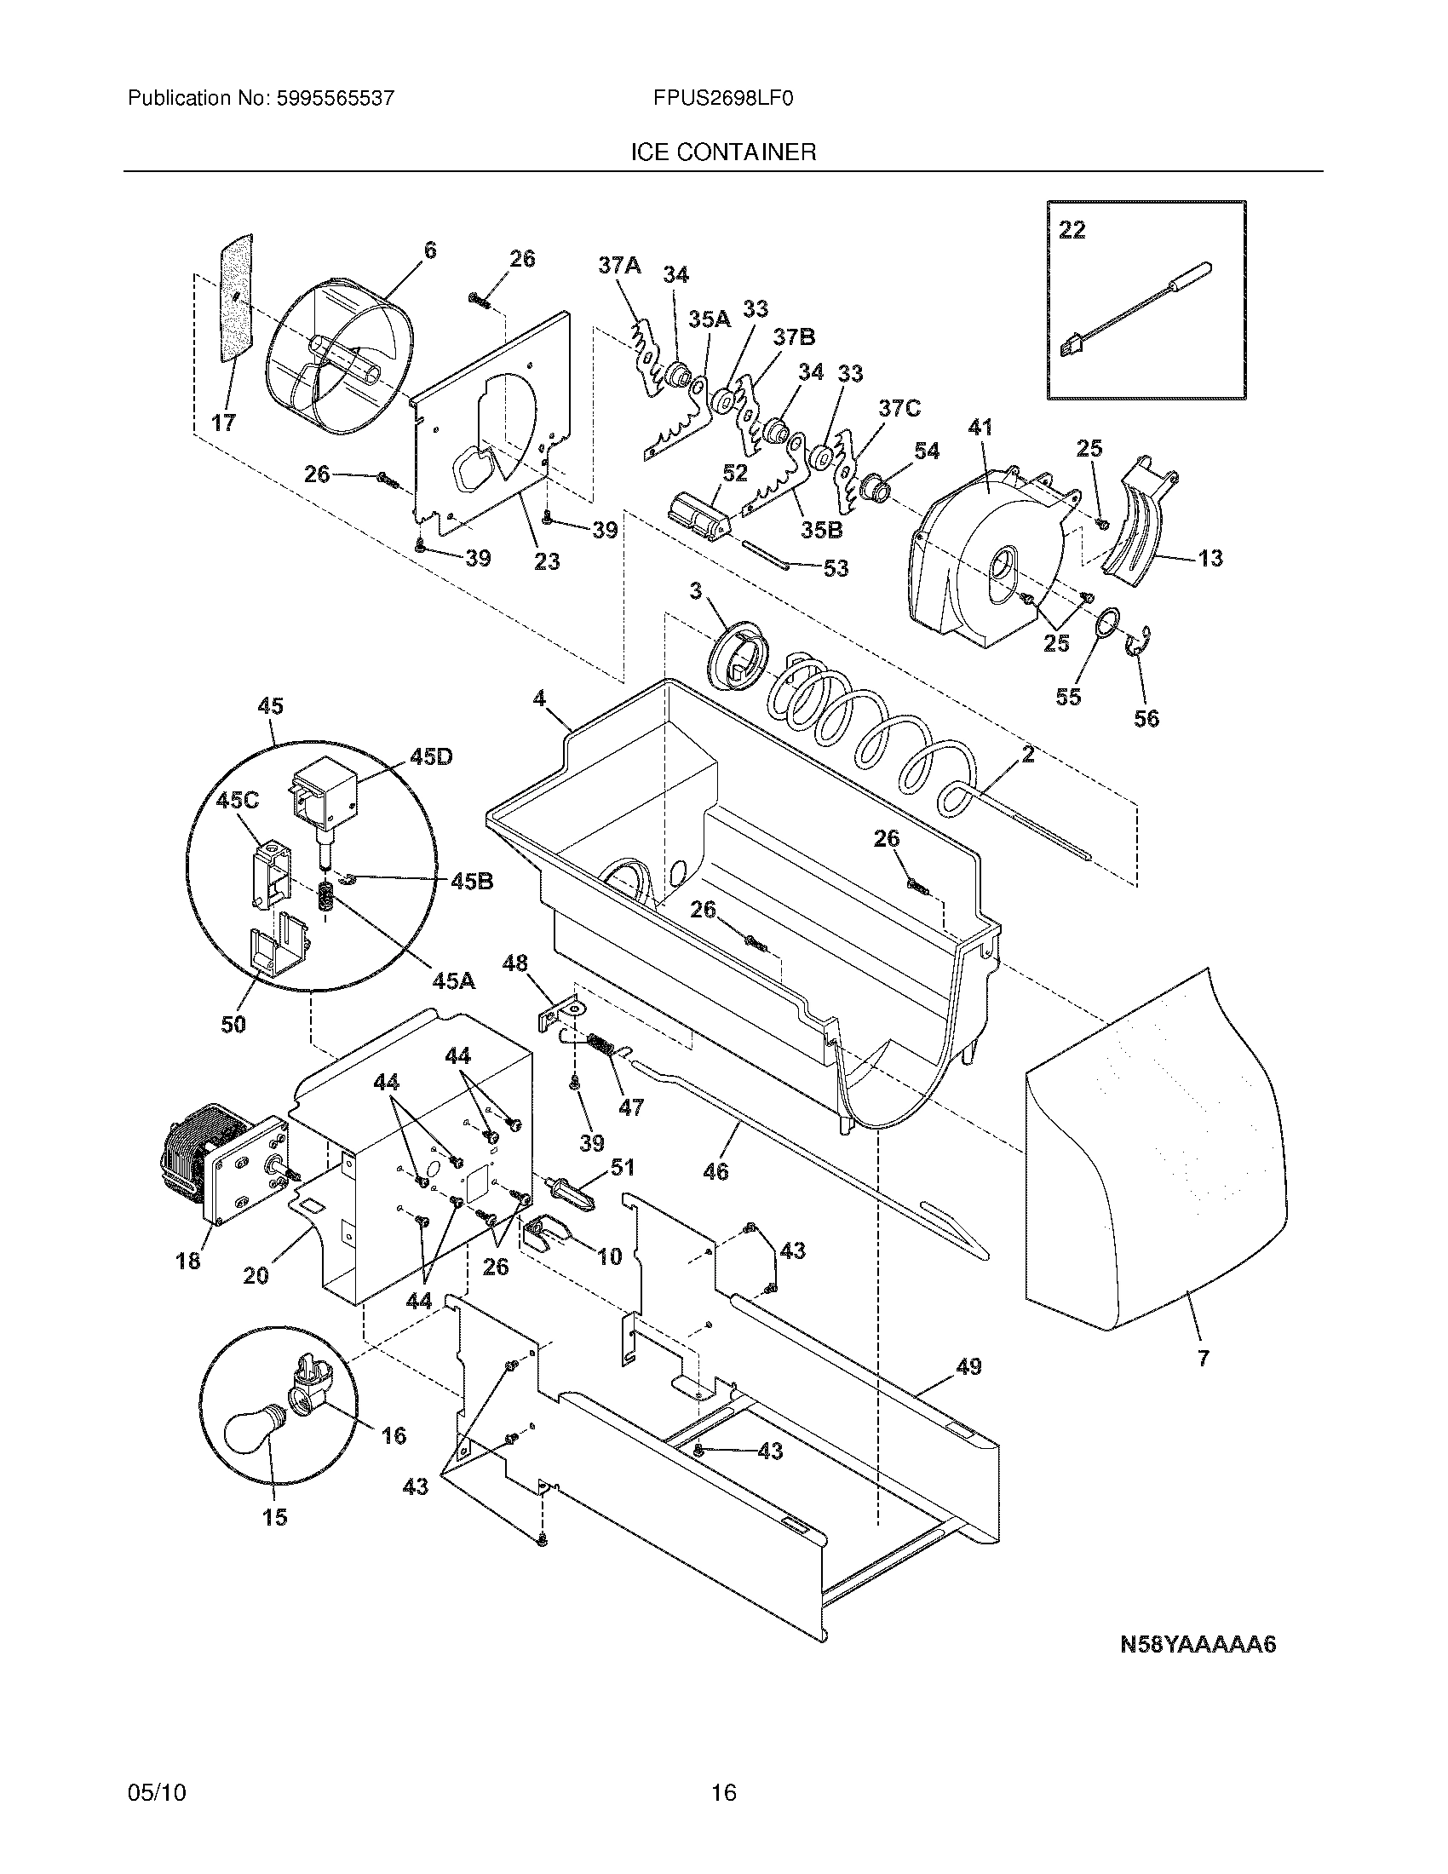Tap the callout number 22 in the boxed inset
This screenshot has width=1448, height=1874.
tap(1072, 230)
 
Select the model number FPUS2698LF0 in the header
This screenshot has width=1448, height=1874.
tap(722, 99)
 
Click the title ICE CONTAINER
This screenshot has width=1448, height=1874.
tap(722, 152)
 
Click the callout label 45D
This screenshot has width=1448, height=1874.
tap(431, 756)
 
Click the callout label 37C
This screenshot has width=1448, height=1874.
tap(898, 408)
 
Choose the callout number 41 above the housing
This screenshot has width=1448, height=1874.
tap(979, 427)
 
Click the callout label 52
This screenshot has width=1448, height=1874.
tap(735, 473)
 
